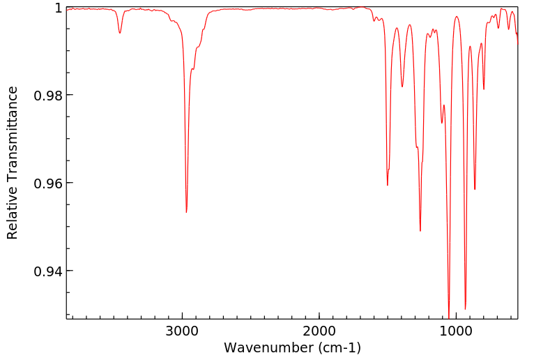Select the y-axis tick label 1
click(59, 8)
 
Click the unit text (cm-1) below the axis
click(339, 347)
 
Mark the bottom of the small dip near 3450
click(120, 33)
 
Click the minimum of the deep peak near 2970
click(186, 212)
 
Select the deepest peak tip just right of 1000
click(449, 315)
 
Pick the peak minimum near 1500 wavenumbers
click(388, 185)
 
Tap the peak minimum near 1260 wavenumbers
click(420, 231)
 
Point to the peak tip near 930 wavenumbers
click(465, 309)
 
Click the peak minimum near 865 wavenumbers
click(475, 189)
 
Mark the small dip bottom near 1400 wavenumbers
click(402, 87)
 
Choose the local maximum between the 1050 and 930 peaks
click(457, 17)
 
